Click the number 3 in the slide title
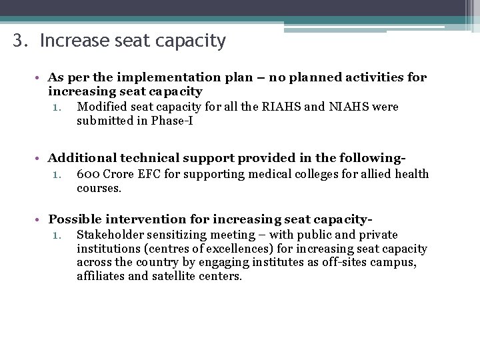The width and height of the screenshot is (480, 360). (x=18, y=41)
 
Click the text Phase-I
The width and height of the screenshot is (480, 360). (x=171, y=121)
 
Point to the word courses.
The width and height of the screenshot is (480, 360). (x=99, y=189)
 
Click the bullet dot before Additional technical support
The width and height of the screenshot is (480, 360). (x=41, y=159)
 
